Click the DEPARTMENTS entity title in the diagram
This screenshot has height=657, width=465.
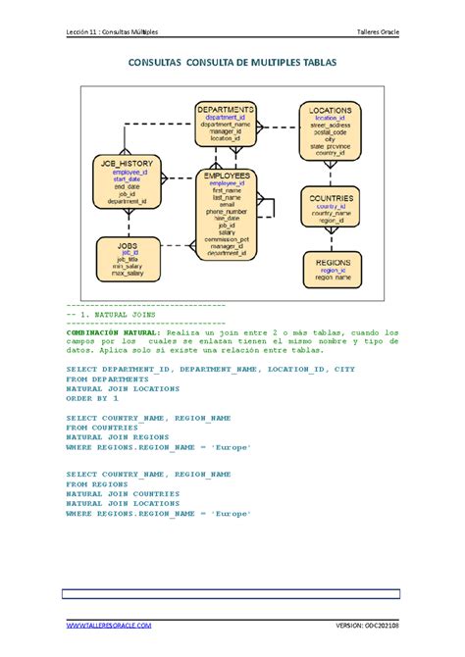click(x=226, y=109)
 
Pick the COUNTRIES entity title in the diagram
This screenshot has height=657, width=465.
click(x=330, y=198)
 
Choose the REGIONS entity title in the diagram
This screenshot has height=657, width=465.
click(x=330, y=263)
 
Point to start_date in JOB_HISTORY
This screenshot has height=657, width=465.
click(x=127, y=179)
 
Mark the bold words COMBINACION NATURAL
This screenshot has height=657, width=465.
click(x=107, y=333)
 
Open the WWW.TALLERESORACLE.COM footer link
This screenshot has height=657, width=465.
click(x=108, y=625)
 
